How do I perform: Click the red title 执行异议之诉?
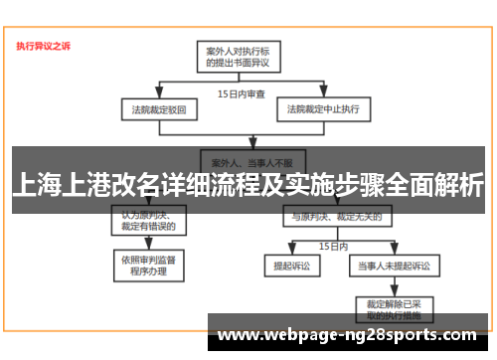pyautogui.click(x=43, y=46)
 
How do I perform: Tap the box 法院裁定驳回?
pyautogui.click(x=151, y=107)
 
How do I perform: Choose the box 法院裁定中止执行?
pyautogui.click(x=323, y=107)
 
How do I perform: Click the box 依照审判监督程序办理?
pyautogui.click(x=149, y=265)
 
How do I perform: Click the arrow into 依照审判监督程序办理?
pyautogui.click(x=149, y=248)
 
